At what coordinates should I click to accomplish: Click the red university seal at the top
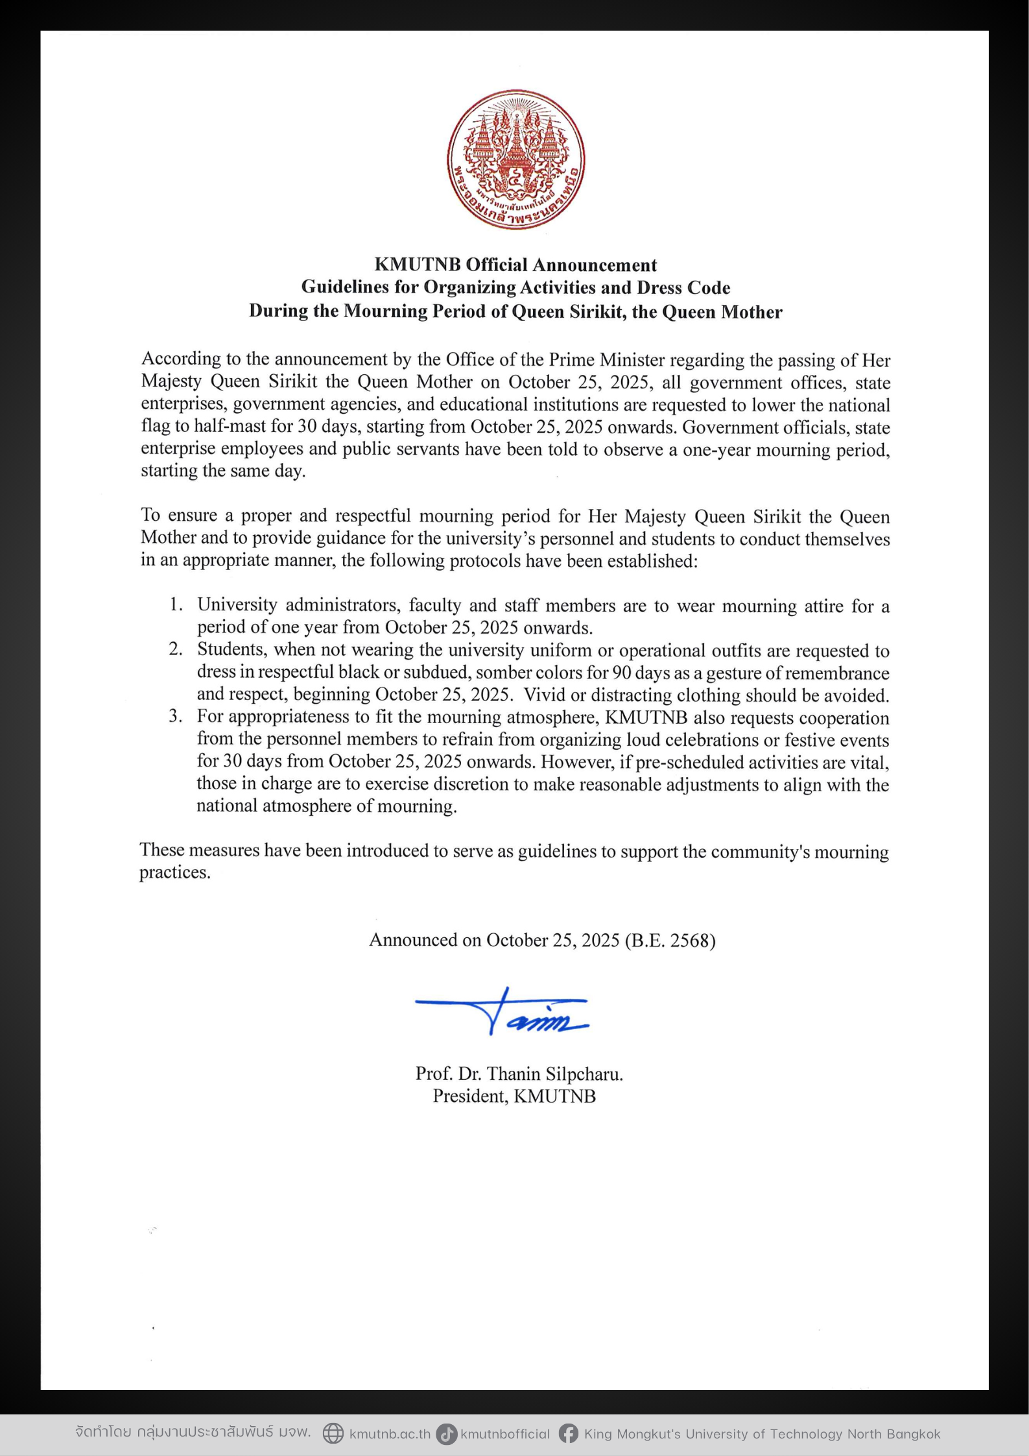click(x=515, y=159)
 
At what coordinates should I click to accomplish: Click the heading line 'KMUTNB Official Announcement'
click(x=515, y=265)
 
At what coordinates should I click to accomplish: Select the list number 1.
click(x=175, y=604)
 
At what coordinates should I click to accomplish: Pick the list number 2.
click(x=175, y=649)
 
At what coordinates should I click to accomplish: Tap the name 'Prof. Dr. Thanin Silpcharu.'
click(x=519, y=1074)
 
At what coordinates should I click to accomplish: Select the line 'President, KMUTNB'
click(x=514, y=1096)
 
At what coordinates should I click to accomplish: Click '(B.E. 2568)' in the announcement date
click(x=670, y=940)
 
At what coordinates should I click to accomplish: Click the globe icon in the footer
click(x=333, y=1433)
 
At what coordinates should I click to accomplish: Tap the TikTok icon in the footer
click(x=446, y=1433)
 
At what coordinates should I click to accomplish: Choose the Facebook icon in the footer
click(x=569, y=1433)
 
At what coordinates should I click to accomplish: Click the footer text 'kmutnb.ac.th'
click(x=390, y=1434)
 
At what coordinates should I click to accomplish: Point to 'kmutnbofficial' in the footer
click(x=505, y=1434)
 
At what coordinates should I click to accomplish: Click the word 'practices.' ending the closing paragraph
click(x=175, y=873)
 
